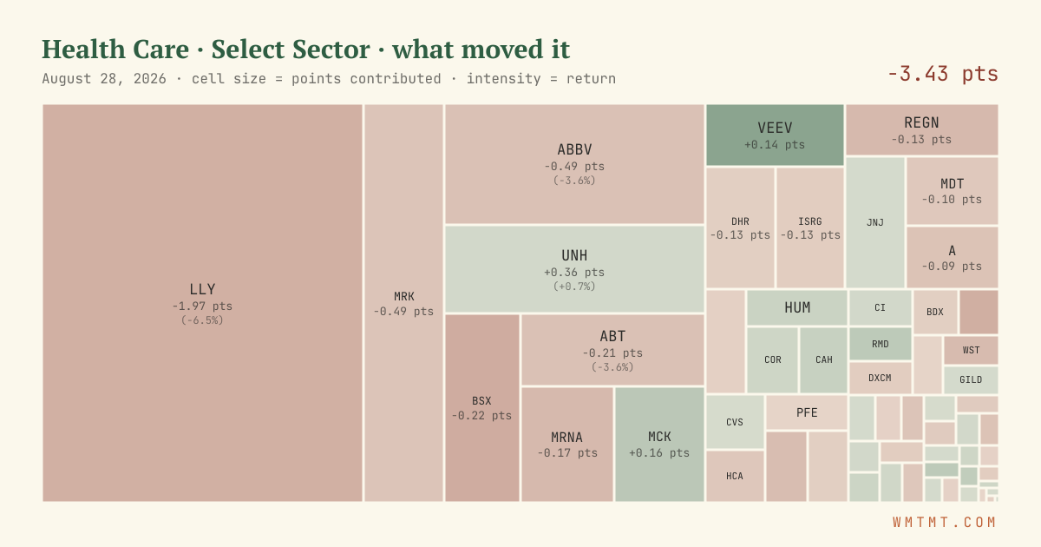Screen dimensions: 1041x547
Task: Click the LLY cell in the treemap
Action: click(x=202, y=303)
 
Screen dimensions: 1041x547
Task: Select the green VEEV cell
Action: click(x=775, y=135)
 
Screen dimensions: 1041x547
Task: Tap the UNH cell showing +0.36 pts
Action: click(x=574, y=269)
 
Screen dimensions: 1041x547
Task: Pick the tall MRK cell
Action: click(x=403, y=303)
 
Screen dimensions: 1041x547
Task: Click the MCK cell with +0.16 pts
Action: click(x=659, y=445)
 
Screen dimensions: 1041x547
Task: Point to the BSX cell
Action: click(x=482, y=408)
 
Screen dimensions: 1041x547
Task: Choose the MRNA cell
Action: click(x=567, y=445)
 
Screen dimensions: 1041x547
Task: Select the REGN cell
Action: click(x=921, y=129)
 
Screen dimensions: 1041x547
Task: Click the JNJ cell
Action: click(x=875, y=222)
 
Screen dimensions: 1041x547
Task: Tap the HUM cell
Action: click(x=797, y=307)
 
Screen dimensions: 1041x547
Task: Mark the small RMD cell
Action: click(x=881, y=344)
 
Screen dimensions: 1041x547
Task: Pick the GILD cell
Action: click(x=971, y=380)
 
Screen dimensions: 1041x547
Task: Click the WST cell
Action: click(x=971, y=350)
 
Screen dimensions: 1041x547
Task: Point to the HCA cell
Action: click(x=735, y=476)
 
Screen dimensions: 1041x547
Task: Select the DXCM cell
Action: click(x=881, y=378)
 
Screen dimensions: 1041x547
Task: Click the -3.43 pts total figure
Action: click(x=942, y=74)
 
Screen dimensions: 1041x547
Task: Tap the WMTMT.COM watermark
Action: click(x=945, y=523)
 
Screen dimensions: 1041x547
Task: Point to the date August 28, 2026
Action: click(x=104, y=79)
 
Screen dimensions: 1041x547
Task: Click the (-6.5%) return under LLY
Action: click(x=202, y=320)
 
